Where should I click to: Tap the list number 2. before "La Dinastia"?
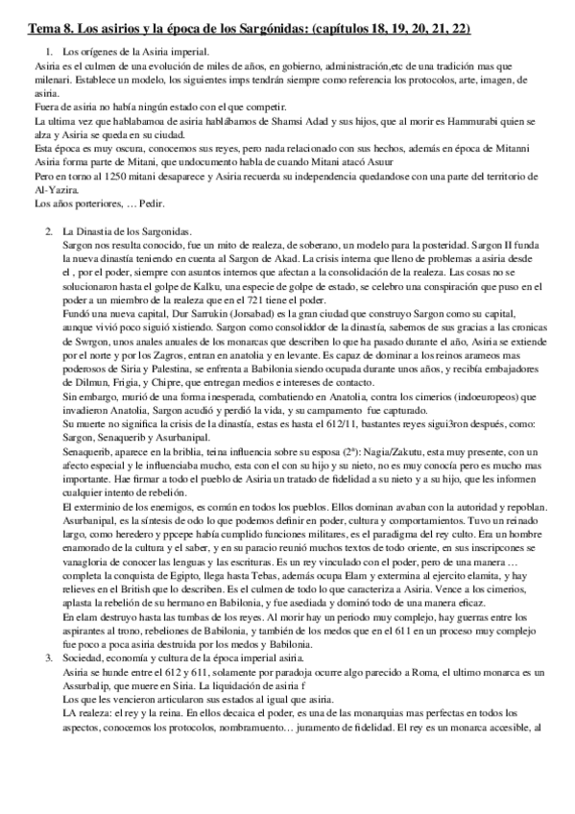48,233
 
